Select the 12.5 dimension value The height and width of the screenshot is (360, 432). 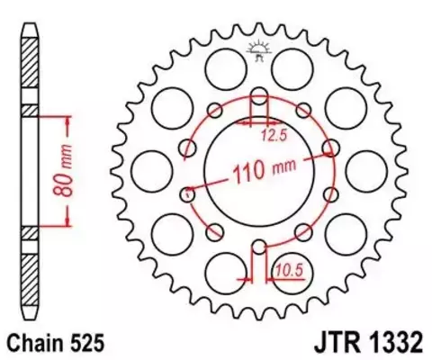point(274,136)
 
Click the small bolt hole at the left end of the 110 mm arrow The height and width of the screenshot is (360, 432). point(186,192)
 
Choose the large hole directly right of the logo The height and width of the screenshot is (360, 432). point(290,65)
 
